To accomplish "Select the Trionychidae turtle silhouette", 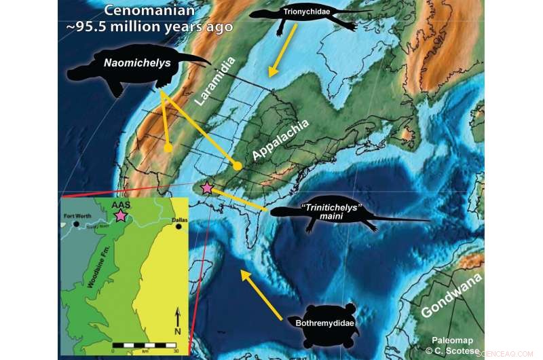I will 299,14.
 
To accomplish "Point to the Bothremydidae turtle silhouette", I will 323,320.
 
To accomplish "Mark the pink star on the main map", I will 207,187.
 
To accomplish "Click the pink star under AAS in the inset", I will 120,215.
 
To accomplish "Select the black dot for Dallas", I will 179,227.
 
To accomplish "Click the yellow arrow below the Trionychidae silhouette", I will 282,51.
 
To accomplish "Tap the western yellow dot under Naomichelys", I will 168,147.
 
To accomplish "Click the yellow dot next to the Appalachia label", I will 237,166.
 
